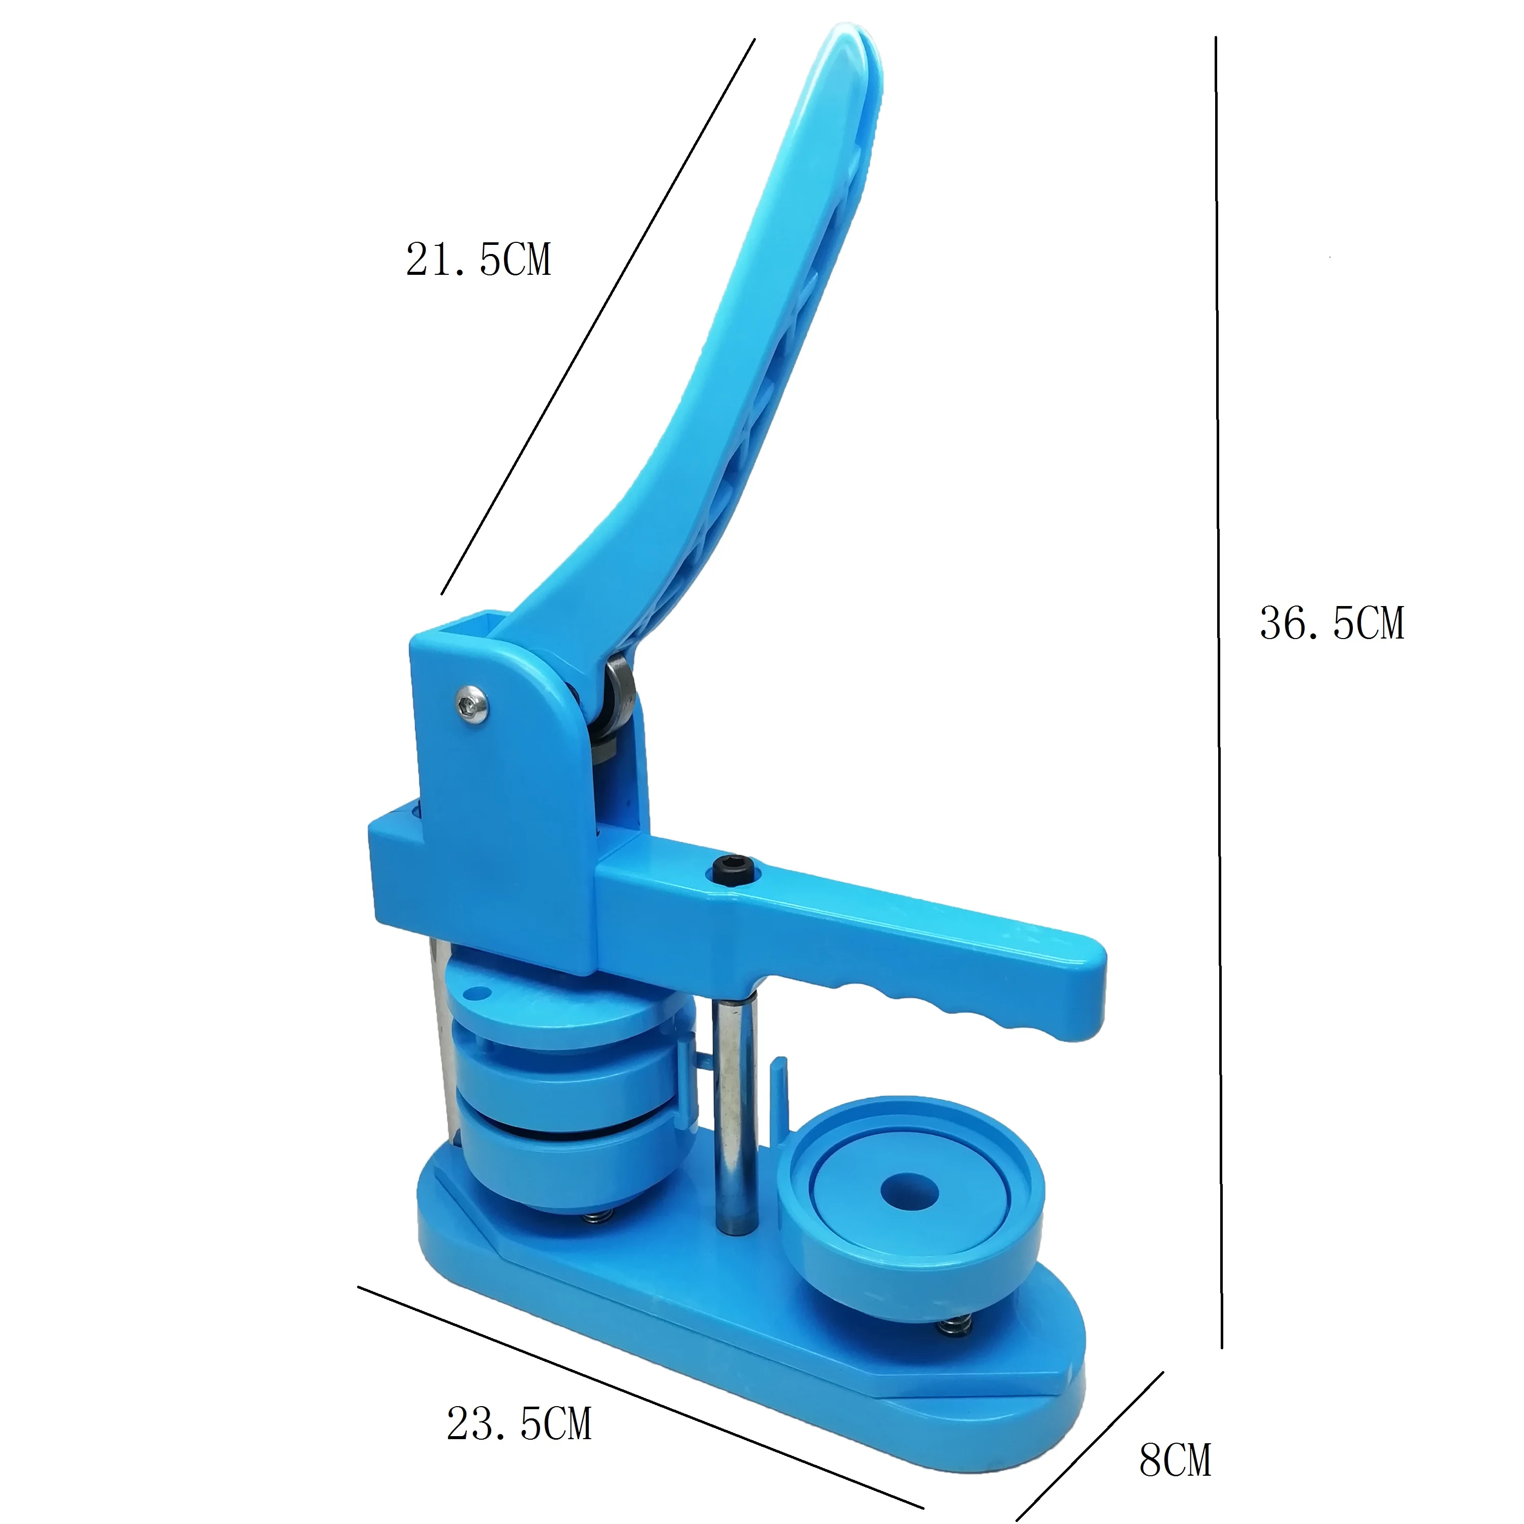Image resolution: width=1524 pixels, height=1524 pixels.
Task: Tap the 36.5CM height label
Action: pos(1331,623)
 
